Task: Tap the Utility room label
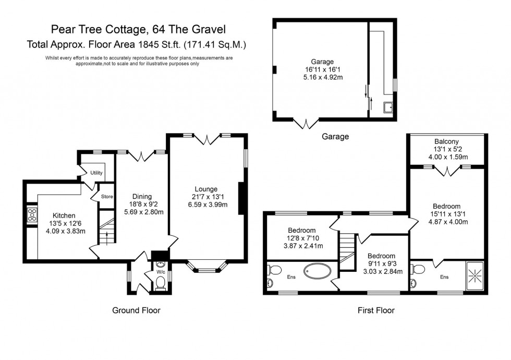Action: click(x=96, y=173)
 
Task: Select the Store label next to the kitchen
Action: click(x=107, y=197)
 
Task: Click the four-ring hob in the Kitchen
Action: click(x=31, y=214)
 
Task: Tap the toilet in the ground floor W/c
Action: click(x=161, y=283)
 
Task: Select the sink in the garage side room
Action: click(x=387, y=108)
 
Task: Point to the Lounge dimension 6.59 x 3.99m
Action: click(x=206, y=205)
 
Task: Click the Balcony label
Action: click(x=447, y=141)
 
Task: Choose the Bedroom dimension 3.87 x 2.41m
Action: click(x=301, y=245)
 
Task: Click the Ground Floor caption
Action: click(x=136, y=310)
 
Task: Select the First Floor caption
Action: click(x=375, y=310)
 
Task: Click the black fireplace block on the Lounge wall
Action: click(x=241, y=198)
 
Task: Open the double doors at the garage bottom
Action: click(x=306, y=124)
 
